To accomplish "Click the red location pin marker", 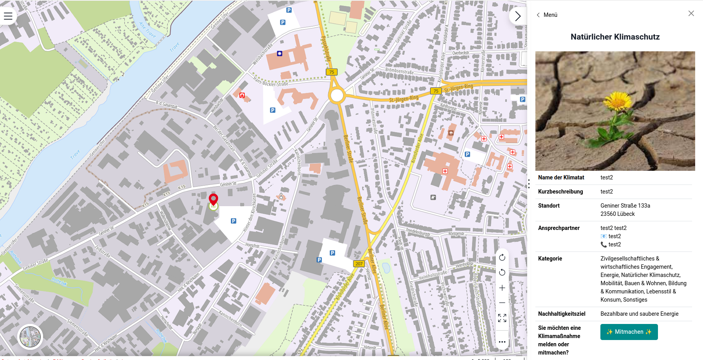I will [x=213, y=199].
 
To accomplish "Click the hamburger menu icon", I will [x=8, y=16].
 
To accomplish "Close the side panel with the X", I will [x=691, y=14].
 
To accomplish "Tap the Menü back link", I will [x=547, y=15].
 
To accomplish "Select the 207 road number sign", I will [x=359, y=264].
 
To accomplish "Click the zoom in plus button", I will [x=502, y=288].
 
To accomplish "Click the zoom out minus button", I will [x=502, y=303].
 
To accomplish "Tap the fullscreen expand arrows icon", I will [x=502, y=318].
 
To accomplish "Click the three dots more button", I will [x=502, y=342].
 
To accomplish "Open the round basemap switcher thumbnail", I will [x=30, y=337].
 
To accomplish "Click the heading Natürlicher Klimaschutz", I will [x=615, y=37].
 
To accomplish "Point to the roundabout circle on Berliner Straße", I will [x=337, y=95].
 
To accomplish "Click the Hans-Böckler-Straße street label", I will [x=270, y=82].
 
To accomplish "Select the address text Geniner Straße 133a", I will [x=625, y=206].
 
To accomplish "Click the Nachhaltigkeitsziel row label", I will [x=562, y=314].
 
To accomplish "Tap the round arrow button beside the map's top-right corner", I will [x=517, y=16].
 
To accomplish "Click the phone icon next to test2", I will [x=604, y=244].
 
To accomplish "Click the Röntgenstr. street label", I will [x=456, y=233].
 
